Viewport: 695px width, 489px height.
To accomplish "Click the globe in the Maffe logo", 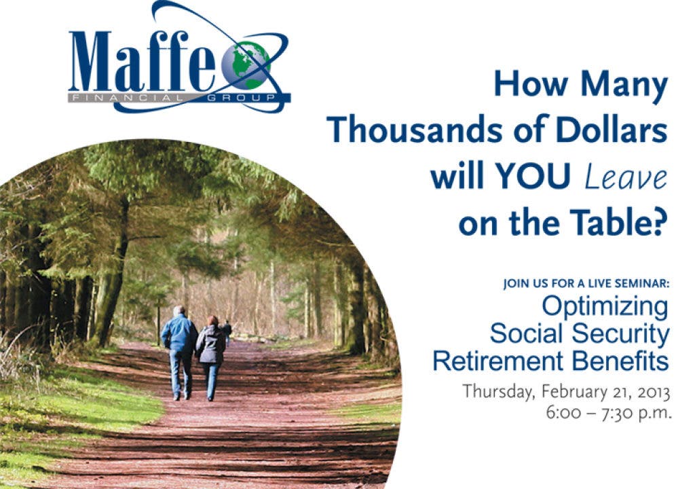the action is click(246, 65).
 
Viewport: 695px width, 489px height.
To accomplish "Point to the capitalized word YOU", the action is click(531, 177).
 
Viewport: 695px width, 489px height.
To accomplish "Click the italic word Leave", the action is click(626, 177).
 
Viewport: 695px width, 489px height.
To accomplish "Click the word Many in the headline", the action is click(624, 85).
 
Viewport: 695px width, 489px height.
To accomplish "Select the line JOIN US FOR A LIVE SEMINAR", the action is click(586, 283).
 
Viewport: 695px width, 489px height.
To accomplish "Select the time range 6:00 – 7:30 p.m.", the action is click(609, 413).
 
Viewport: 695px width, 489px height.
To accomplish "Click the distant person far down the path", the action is click(227, 332).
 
